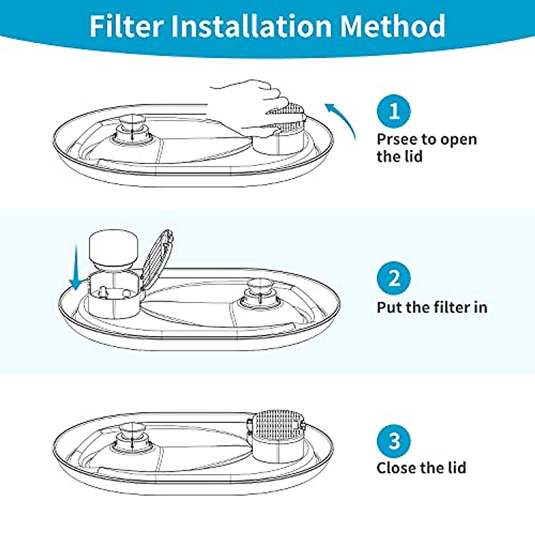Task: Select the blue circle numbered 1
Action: point(394,111)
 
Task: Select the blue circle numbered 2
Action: point(394,279)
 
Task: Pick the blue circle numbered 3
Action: point(394,441)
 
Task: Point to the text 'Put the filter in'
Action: point(432,308)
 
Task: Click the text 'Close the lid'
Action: point(421,468)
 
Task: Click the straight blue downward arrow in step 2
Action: point(76,267)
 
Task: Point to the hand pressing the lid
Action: point(250,105)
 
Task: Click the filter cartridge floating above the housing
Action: point(114,250)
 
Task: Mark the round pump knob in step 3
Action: point(132,430)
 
